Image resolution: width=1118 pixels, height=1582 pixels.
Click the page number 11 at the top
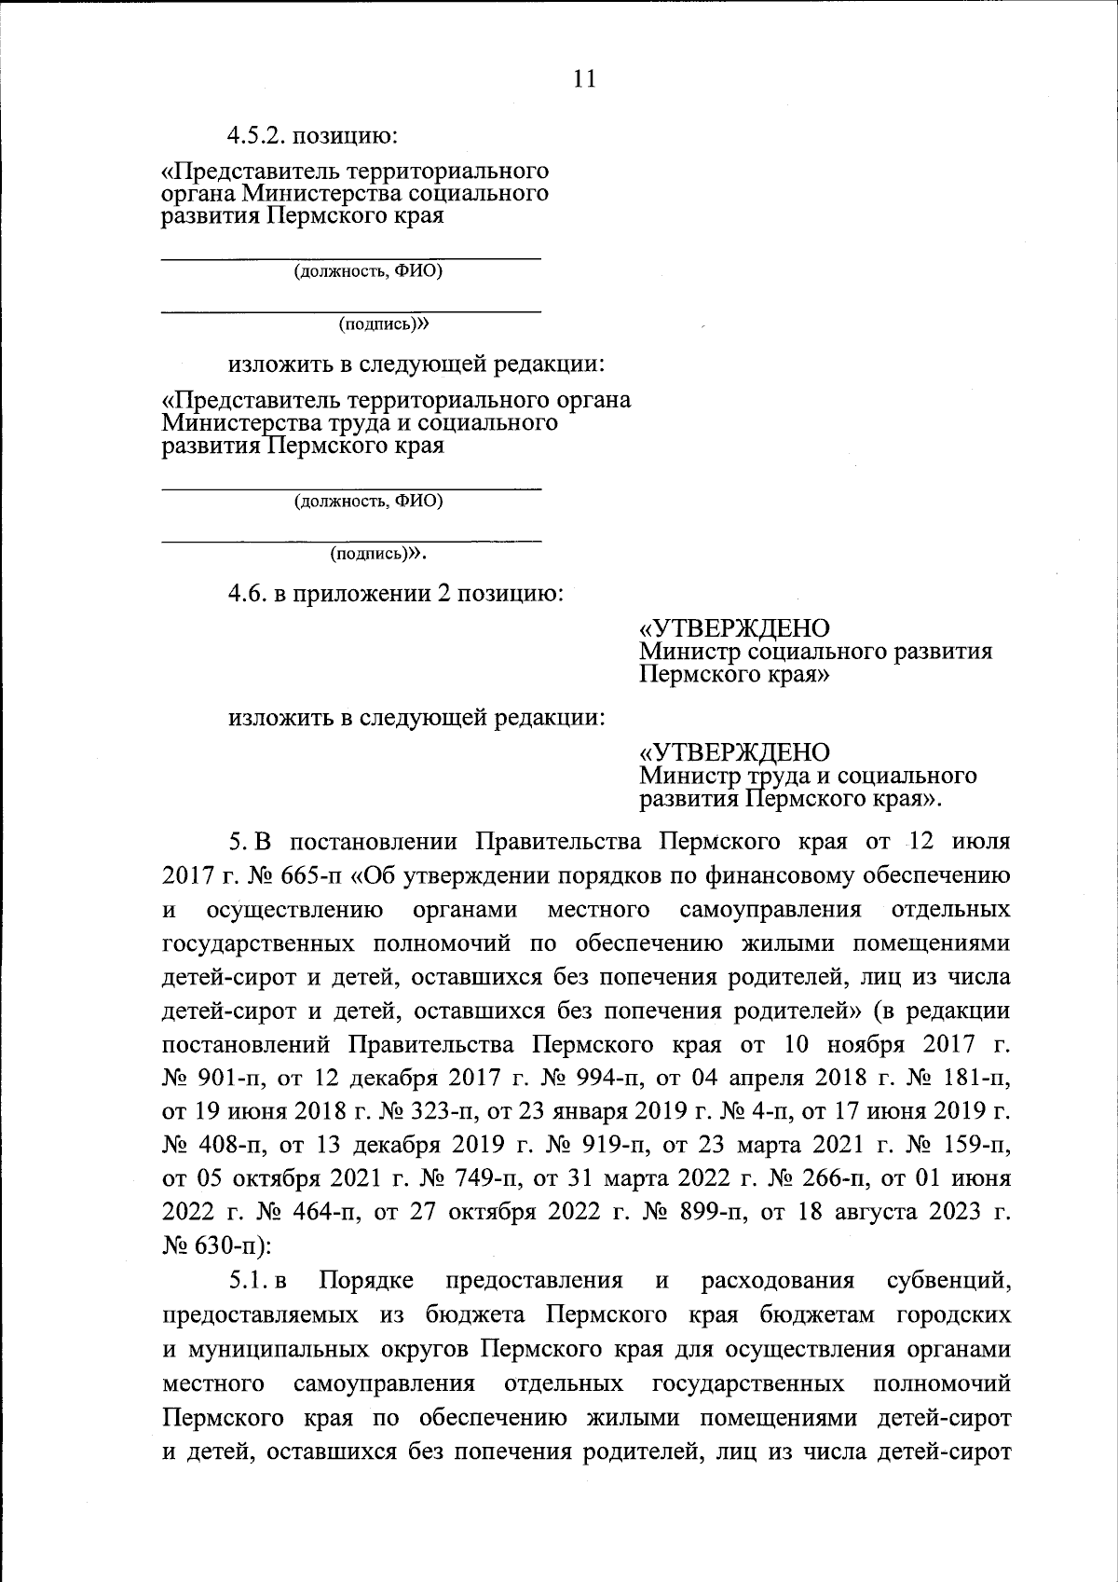click(x=584, y=78)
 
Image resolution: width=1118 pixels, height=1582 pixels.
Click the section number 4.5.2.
click(x=257, y=136)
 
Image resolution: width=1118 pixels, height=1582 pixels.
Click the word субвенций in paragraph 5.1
click(x=948, y=1281)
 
